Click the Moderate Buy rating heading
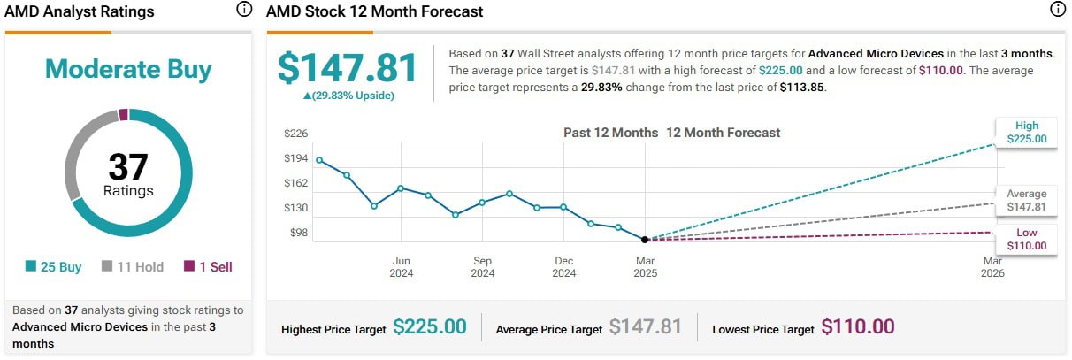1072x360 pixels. click(x=128, y=69)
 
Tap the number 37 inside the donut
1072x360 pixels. click(x=128, y=166)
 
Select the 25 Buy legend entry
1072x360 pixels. click(x=54, y=266)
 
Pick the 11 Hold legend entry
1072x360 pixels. click(x=133, y=266)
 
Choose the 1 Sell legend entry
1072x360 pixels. click(x=208, y=266)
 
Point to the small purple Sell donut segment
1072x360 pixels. click(x=124, y=114)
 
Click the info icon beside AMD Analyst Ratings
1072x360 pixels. click(x=244, y=11)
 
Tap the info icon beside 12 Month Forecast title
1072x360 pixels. click(x=1057, y=11)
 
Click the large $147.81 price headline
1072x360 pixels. click(x=347, y=68)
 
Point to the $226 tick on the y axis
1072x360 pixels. click(x=295, y=134)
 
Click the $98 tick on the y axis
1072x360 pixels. click(x=297, y=233)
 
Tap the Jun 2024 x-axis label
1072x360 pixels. click(x=401, y=266)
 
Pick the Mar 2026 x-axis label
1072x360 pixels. click(x=992, y=266)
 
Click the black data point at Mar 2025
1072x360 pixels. click(x=645, y=239)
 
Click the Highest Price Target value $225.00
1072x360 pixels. click(x=430, y=326)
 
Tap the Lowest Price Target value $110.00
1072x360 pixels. click(x=858, y=326)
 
